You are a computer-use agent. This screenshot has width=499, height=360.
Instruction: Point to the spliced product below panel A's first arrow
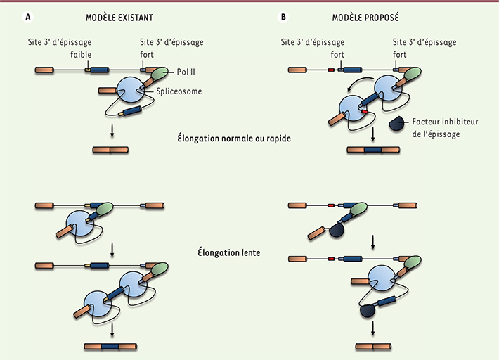tap(112, 150)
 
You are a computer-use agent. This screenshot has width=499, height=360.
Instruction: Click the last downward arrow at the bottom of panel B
tap(373, 328)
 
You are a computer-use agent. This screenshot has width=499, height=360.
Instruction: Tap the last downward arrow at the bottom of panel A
tap(112, 328)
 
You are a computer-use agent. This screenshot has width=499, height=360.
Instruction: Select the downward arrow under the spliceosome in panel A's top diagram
tap(112, 131)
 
